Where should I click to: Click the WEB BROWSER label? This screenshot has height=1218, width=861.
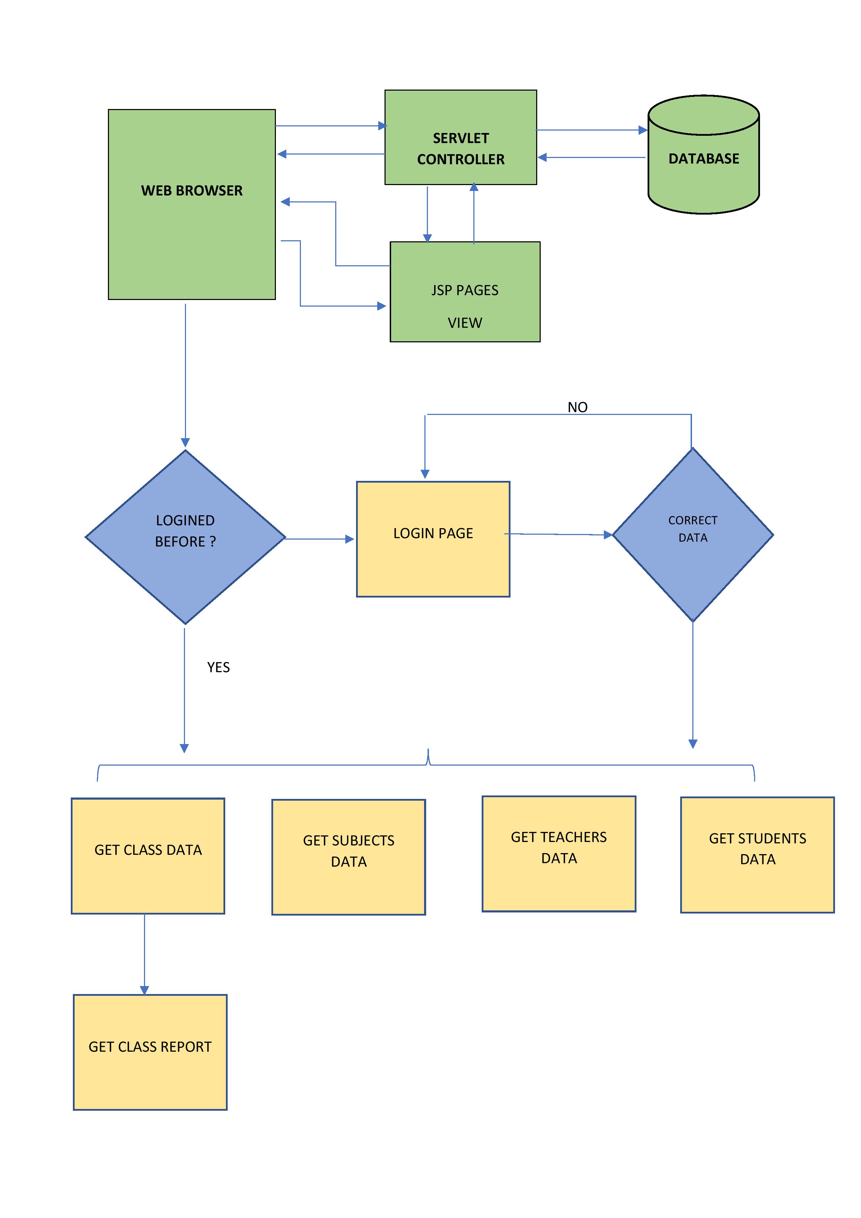(x=192, y=191)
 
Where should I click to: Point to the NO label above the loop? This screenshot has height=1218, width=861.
(x=577, y=407)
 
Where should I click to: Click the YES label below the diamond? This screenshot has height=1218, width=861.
(x=218, y=667)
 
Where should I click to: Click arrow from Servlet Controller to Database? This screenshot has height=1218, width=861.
(x=591, y=130)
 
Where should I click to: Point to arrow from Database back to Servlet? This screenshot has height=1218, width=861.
(x=591, y=158)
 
